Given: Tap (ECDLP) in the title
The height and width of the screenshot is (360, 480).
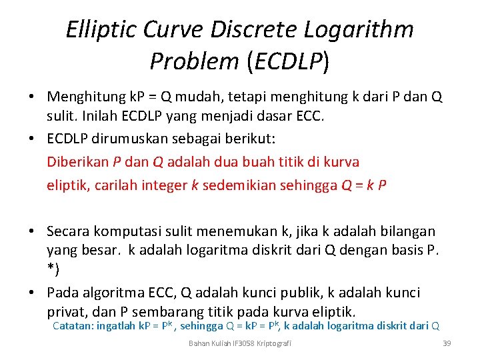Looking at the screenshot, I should coord(287,61).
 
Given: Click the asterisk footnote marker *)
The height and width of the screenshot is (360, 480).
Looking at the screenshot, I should coord(53,269).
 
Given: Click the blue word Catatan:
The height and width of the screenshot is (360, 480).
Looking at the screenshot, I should coord(73,326).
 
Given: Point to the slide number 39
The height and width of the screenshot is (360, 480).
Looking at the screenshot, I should coord(447,343).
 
